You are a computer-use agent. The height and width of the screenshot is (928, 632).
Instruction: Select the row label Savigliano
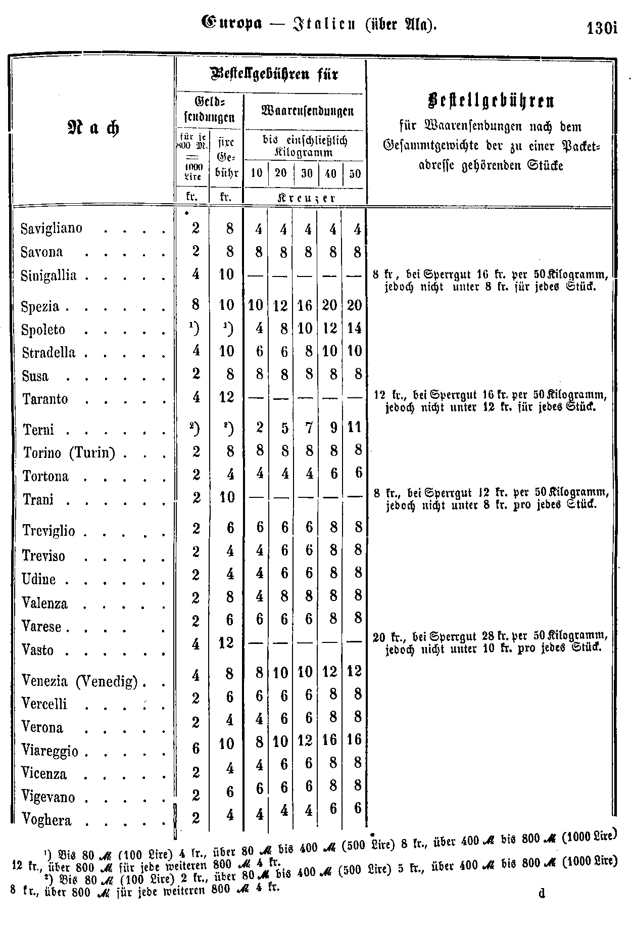point(52,228)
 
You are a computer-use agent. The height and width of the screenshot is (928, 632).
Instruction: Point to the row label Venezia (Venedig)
point(80,681)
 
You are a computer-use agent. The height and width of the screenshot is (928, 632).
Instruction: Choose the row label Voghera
point(46,820)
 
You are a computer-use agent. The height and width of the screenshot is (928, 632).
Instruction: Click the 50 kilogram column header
point(355,173)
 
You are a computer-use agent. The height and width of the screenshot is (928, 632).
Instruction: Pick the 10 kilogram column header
point(257,173)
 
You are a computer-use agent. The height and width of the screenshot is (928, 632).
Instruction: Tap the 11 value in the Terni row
point(354,428)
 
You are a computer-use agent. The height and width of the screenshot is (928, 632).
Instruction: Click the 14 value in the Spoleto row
point(354,329)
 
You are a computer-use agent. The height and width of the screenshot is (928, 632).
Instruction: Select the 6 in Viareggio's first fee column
point(196,748)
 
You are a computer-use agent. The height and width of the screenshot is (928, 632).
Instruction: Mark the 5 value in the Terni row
point(284,429)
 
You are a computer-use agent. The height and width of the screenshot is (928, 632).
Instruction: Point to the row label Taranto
point(45,399)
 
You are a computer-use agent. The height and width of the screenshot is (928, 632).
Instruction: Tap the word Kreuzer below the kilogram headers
point(305,198)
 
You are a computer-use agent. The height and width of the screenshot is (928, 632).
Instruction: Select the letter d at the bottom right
point(542,893)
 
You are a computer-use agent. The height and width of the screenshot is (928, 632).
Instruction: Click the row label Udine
point(39,579)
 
